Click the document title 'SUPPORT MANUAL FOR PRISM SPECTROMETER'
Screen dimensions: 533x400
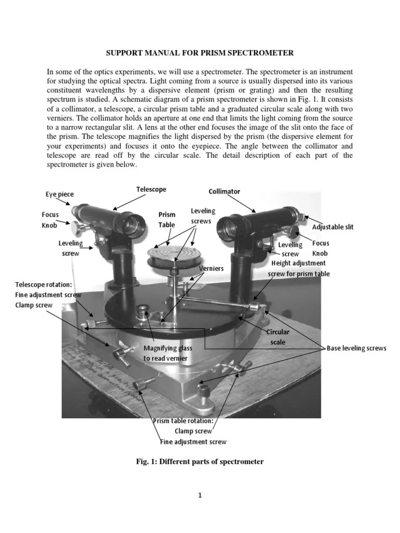click(x=200, y=53)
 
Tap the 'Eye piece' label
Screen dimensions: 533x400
click(x=59, y=194)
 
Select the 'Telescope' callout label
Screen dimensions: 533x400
click(x=151, y=189)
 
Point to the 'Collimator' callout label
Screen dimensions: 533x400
click(x=224, y=192)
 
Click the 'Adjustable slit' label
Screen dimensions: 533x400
click(x=332, y=227)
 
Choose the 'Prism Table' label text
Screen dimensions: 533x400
click(x=167, y=220)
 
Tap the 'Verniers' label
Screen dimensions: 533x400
click(x=211, y=268)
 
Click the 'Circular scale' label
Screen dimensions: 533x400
click(x=278, y=337)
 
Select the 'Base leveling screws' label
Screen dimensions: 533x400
click(x=356, y=348)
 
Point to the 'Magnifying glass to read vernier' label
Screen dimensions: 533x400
click(x=166, y=353)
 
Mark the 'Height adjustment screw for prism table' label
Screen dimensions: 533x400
click(x=298, y=269)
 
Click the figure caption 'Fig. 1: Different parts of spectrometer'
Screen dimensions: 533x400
click(x=199, y=462)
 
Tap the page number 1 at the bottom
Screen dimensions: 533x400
click(x=199, y=496)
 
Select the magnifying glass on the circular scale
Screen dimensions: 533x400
click(x=142, y=313)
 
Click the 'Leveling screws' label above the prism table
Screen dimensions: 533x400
click(x=203, y=216)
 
